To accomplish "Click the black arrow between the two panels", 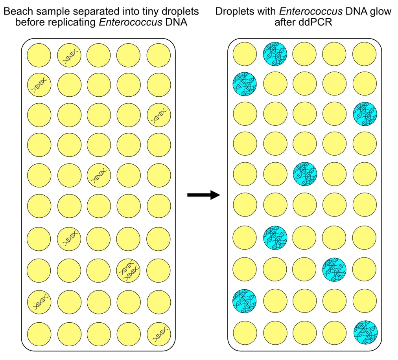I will point(203,195).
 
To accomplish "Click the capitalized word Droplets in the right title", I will point(232,11).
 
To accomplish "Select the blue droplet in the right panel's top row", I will point(275,54).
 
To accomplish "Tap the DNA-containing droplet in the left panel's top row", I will point(69,54).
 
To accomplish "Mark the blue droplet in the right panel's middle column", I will point(305,174).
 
